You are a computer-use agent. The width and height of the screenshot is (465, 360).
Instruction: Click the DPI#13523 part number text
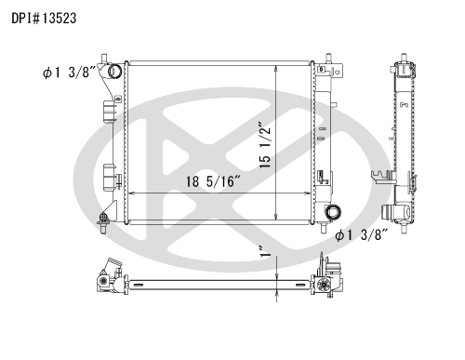[x=44, y=19]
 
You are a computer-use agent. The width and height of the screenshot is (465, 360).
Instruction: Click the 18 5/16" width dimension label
[x=213, y=181]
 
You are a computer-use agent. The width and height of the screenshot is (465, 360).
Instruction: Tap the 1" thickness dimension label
[x=265, y=251]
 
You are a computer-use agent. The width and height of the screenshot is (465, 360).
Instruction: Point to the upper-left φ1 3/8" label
[x=69, y=73]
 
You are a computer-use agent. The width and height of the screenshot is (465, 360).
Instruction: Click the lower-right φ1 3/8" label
[x=362, y=235]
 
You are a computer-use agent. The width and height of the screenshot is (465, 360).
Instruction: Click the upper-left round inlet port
[x=114, y=72]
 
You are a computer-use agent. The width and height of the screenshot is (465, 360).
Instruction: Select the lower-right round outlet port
[x=333, y=212]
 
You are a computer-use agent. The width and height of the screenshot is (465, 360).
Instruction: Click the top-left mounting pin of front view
[x=104, y=59]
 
